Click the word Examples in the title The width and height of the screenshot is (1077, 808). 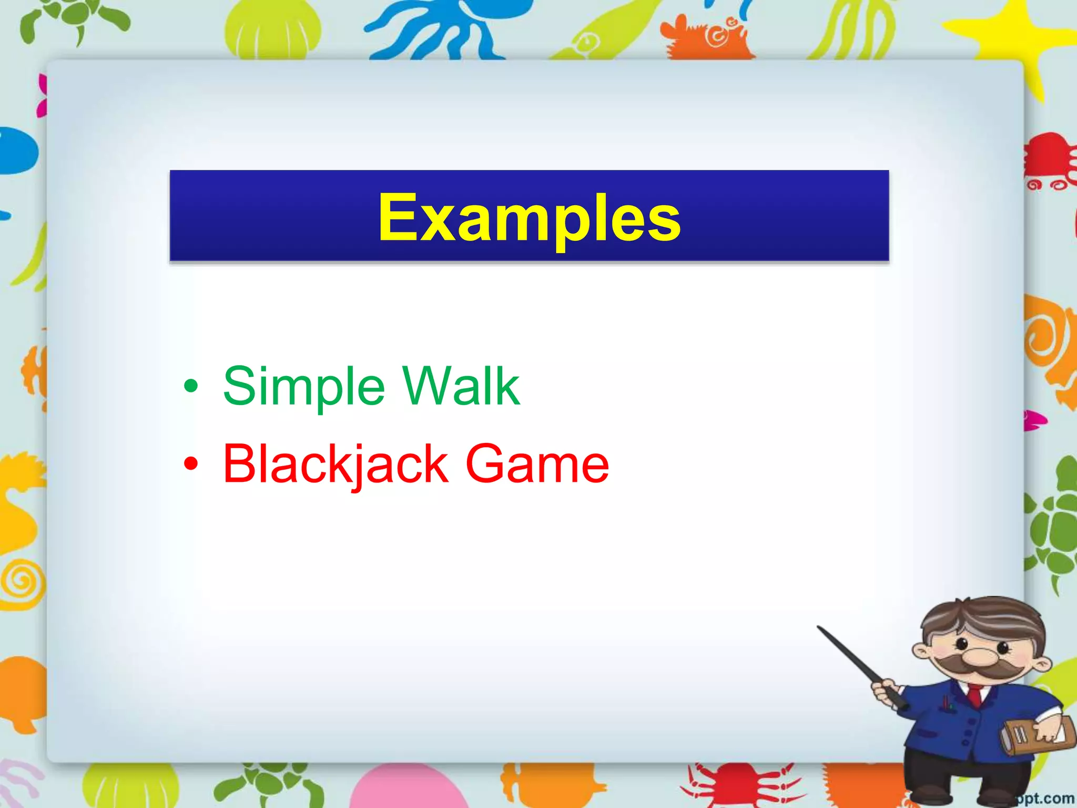(x=529, y=218)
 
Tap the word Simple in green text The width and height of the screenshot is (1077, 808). (x=304, y=387)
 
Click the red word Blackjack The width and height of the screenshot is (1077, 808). (x=336, y=464)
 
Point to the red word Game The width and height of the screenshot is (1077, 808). (x=537, y=464)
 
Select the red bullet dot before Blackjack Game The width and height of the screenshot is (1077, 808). (x=191, y=464)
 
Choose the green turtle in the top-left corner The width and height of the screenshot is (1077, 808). (x=74, y=21)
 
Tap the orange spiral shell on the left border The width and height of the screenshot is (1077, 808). (x=21, y=581)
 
